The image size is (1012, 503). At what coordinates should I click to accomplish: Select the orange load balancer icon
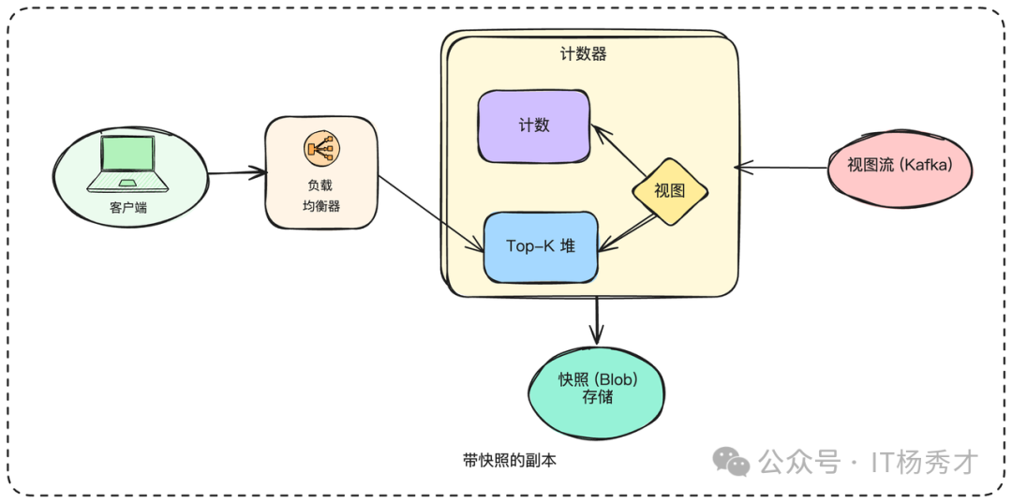coord(321,148)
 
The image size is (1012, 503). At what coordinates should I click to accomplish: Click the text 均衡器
coord(321,206)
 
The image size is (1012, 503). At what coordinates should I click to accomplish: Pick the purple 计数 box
coord(534,126)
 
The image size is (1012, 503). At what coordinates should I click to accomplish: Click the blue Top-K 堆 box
coord(541,246)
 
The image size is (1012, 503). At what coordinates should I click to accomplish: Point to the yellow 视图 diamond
coord(668,190)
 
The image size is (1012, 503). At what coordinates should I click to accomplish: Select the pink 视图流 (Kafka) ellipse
coord(900,166)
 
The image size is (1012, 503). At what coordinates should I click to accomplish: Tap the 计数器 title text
coord(584,54)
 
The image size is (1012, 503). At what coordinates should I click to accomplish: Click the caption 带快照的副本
coord(509,461)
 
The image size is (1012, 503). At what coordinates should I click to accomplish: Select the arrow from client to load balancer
coord(235,172)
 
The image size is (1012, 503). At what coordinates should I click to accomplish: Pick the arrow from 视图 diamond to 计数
coord(619,150)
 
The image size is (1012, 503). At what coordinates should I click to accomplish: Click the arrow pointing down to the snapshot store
coord(597,318)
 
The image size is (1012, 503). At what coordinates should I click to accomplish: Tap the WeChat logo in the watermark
coord(731,460)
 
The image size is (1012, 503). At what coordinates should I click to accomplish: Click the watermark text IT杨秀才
coord(924,461)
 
